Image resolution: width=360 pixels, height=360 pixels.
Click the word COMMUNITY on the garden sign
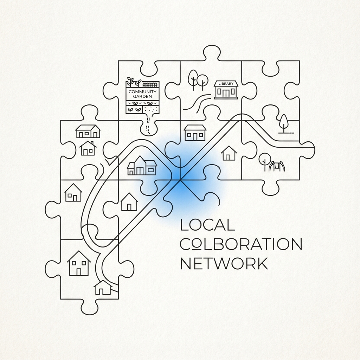142,92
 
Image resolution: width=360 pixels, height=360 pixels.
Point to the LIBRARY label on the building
226,84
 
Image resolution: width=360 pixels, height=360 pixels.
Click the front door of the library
226,93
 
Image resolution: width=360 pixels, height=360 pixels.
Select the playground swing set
277,166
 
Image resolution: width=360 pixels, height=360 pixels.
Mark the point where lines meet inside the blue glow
180,180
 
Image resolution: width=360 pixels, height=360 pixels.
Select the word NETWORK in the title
224,264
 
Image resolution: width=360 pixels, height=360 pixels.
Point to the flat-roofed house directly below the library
195,133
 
